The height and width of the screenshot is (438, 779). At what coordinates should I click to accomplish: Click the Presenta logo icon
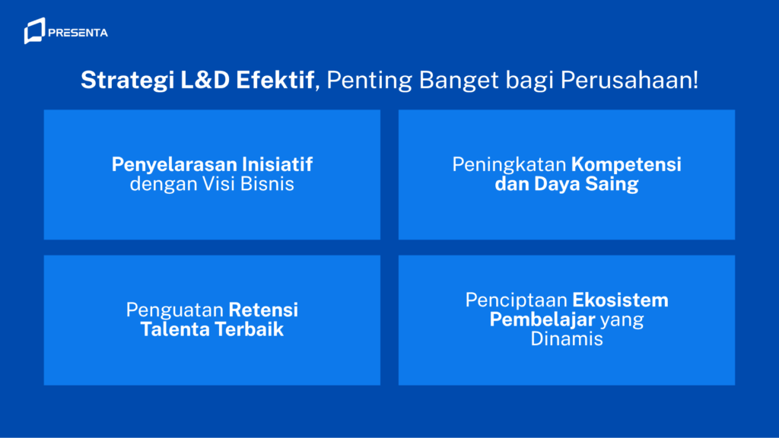pyautogui.click(x=33, y=32)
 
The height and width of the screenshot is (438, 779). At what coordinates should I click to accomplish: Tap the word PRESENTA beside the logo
pyautogui.click(x=78, y=33)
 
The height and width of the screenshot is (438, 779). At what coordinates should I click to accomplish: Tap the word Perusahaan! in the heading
pyautogui.click(x=629, y=80)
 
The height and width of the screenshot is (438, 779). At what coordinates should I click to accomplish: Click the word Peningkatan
pyautogui.click(x=509, y=165)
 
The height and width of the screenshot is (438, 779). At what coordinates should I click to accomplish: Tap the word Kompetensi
pyautogui.click(x=626, y=165)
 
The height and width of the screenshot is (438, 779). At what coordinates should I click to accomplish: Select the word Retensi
pyautogui.click(x=264, y=310)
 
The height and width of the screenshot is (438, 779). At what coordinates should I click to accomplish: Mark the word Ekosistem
pyautogui.click(x=621, y=300)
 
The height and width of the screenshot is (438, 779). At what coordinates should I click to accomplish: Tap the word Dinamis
pyautogui.click(x=567, y=338)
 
